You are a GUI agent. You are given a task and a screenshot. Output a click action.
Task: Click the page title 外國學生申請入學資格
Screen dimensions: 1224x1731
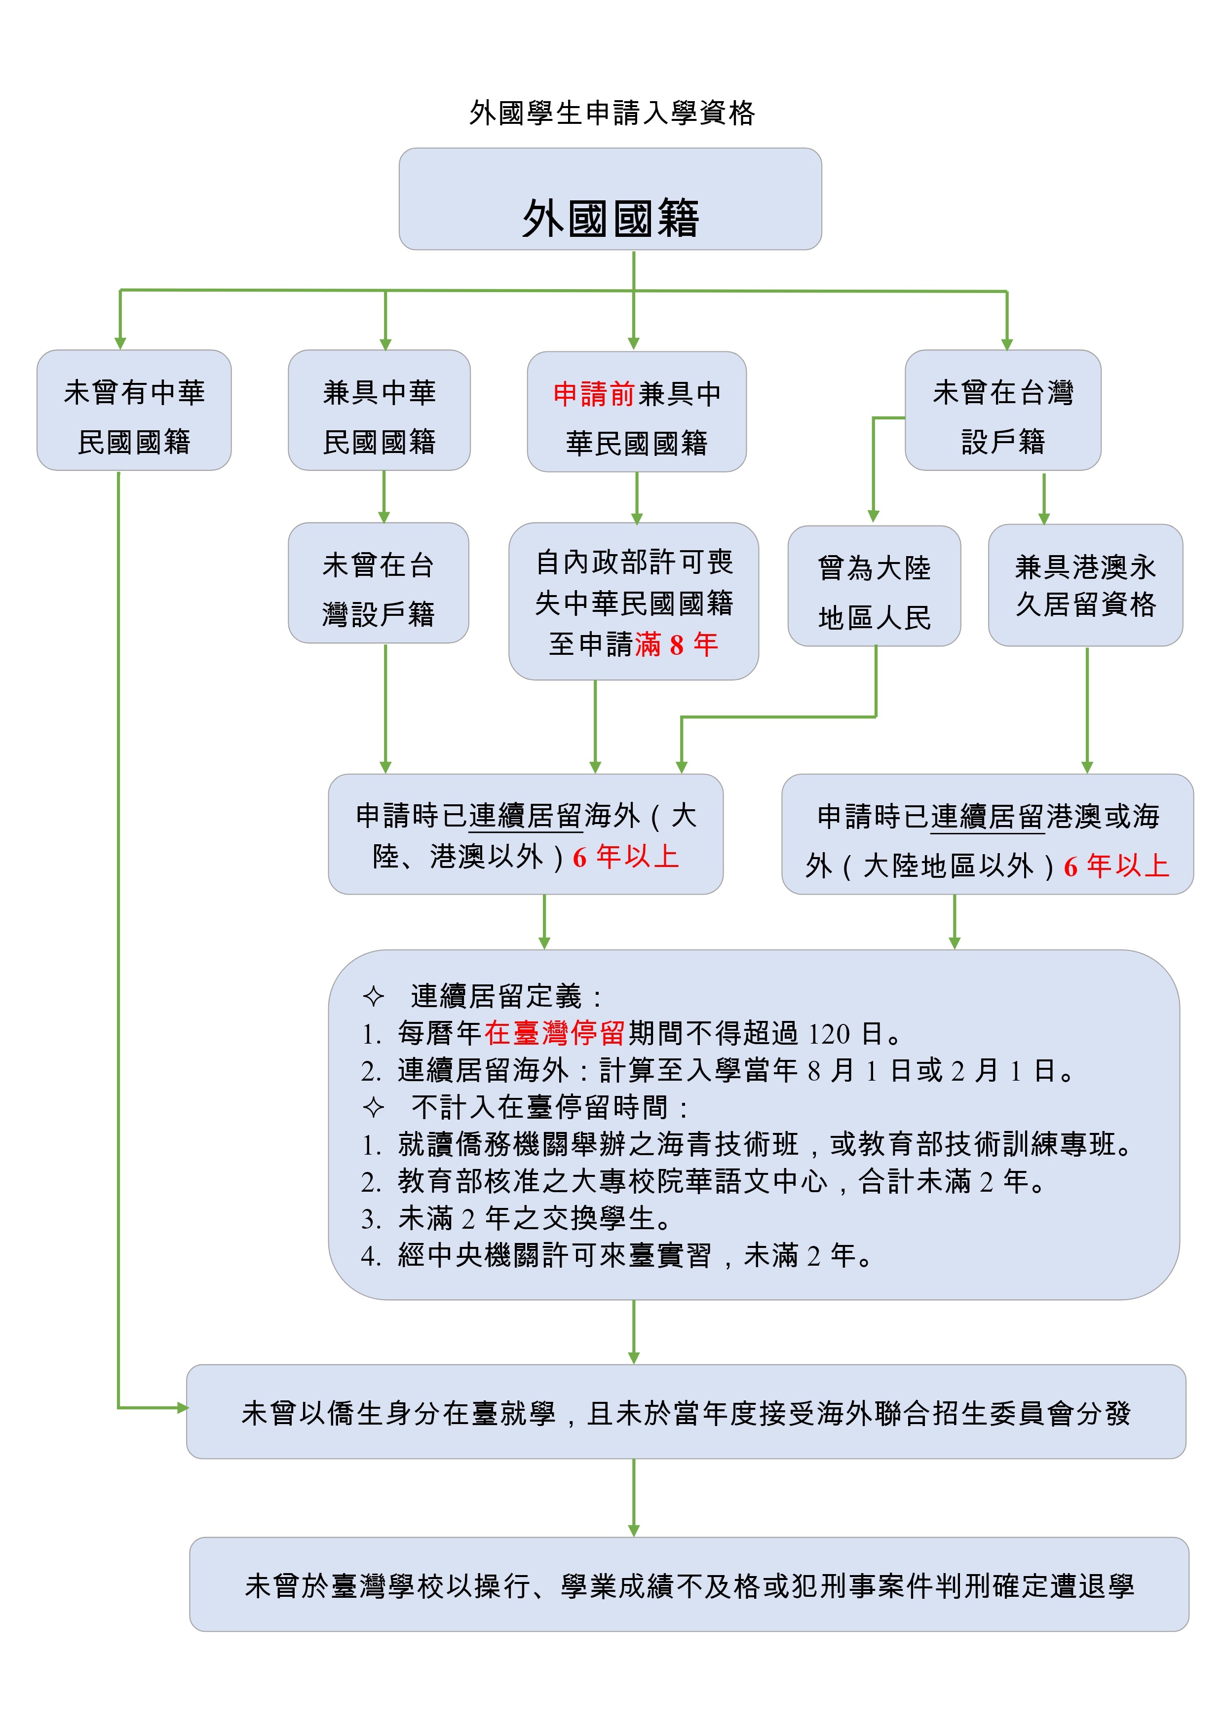(x=612, y=113)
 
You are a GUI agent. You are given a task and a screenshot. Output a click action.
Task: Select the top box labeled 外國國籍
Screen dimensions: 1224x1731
(x=610, y=199)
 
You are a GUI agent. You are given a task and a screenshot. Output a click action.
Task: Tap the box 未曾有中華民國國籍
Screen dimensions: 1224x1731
(x=134, y=410)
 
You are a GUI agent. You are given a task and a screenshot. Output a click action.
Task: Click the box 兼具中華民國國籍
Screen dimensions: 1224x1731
(x=380, y=410)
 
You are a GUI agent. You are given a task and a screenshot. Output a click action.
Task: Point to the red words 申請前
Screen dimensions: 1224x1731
(x=594, y=394)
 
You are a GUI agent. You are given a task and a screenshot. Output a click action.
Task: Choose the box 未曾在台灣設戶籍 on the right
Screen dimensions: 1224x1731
(x=1003, y=410)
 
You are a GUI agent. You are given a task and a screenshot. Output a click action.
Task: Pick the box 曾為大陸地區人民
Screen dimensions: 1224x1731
(x=874, y=586)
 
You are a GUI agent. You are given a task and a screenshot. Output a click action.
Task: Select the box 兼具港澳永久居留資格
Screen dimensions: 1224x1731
(x=1085, y=585)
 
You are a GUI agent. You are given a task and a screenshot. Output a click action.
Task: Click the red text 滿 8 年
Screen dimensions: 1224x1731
(x=677, y=644)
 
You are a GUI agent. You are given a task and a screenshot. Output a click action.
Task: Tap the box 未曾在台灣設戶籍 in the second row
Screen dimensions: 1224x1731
(x=379, y=583)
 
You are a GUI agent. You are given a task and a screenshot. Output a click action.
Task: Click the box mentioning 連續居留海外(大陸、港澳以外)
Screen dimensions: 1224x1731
(x=526, y=834)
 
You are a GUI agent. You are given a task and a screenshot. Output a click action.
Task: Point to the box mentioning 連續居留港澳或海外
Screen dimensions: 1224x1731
(x=987, y=834)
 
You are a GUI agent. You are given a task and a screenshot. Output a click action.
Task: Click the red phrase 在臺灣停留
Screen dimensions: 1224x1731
(x=554, y=1033)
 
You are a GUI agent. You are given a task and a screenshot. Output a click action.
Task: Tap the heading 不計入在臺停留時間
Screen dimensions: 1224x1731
(x=539, y=1107)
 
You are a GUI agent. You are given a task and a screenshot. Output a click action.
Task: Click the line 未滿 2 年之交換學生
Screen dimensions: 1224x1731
(x=534, y=1218)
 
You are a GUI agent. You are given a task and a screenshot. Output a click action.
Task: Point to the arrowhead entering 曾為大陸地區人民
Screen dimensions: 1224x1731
(x=873, y=517)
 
